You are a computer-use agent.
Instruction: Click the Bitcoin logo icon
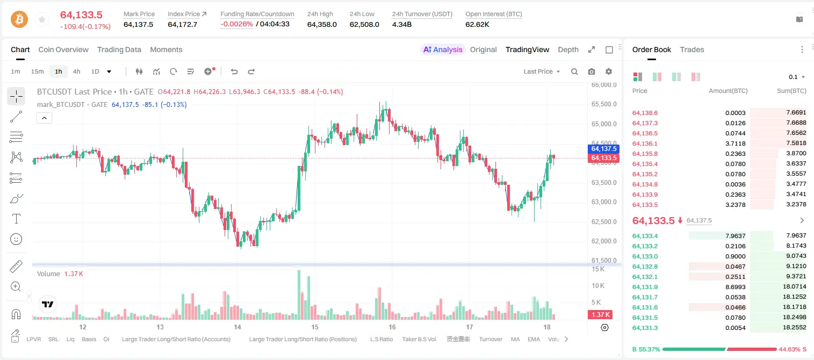tap(19, 19)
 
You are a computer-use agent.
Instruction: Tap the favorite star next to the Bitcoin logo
tap(42, 20)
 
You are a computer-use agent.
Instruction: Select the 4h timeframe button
tap(76, 71)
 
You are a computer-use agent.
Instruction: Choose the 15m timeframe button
tap(38, 71)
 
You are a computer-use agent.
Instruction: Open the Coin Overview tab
tap(63, 50)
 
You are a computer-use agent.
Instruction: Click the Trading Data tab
tap(119, 50)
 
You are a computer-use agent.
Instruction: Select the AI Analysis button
tap(443, 50)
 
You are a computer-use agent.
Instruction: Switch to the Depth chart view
tap(568, 50)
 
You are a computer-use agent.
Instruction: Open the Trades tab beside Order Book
tap(692, 50)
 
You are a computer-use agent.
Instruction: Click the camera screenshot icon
tap(592, 71)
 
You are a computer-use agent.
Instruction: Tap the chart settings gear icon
tap(609, 71)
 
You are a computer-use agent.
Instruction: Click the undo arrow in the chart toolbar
tap(234, 71)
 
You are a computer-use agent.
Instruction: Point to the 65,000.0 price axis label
tap(604, 124)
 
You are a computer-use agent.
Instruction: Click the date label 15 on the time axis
tap(315, 327)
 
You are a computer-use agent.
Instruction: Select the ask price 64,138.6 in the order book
tap(645, 113)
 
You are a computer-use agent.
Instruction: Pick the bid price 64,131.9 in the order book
tap(645, 287)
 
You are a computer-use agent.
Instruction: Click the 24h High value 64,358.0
tap(322, 24)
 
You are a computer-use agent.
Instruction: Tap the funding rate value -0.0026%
tap(236, 24)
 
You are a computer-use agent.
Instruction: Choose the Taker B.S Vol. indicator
tap(419, 339)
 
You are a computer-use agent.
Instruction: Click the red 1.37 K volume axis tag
tap(600, 314)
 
